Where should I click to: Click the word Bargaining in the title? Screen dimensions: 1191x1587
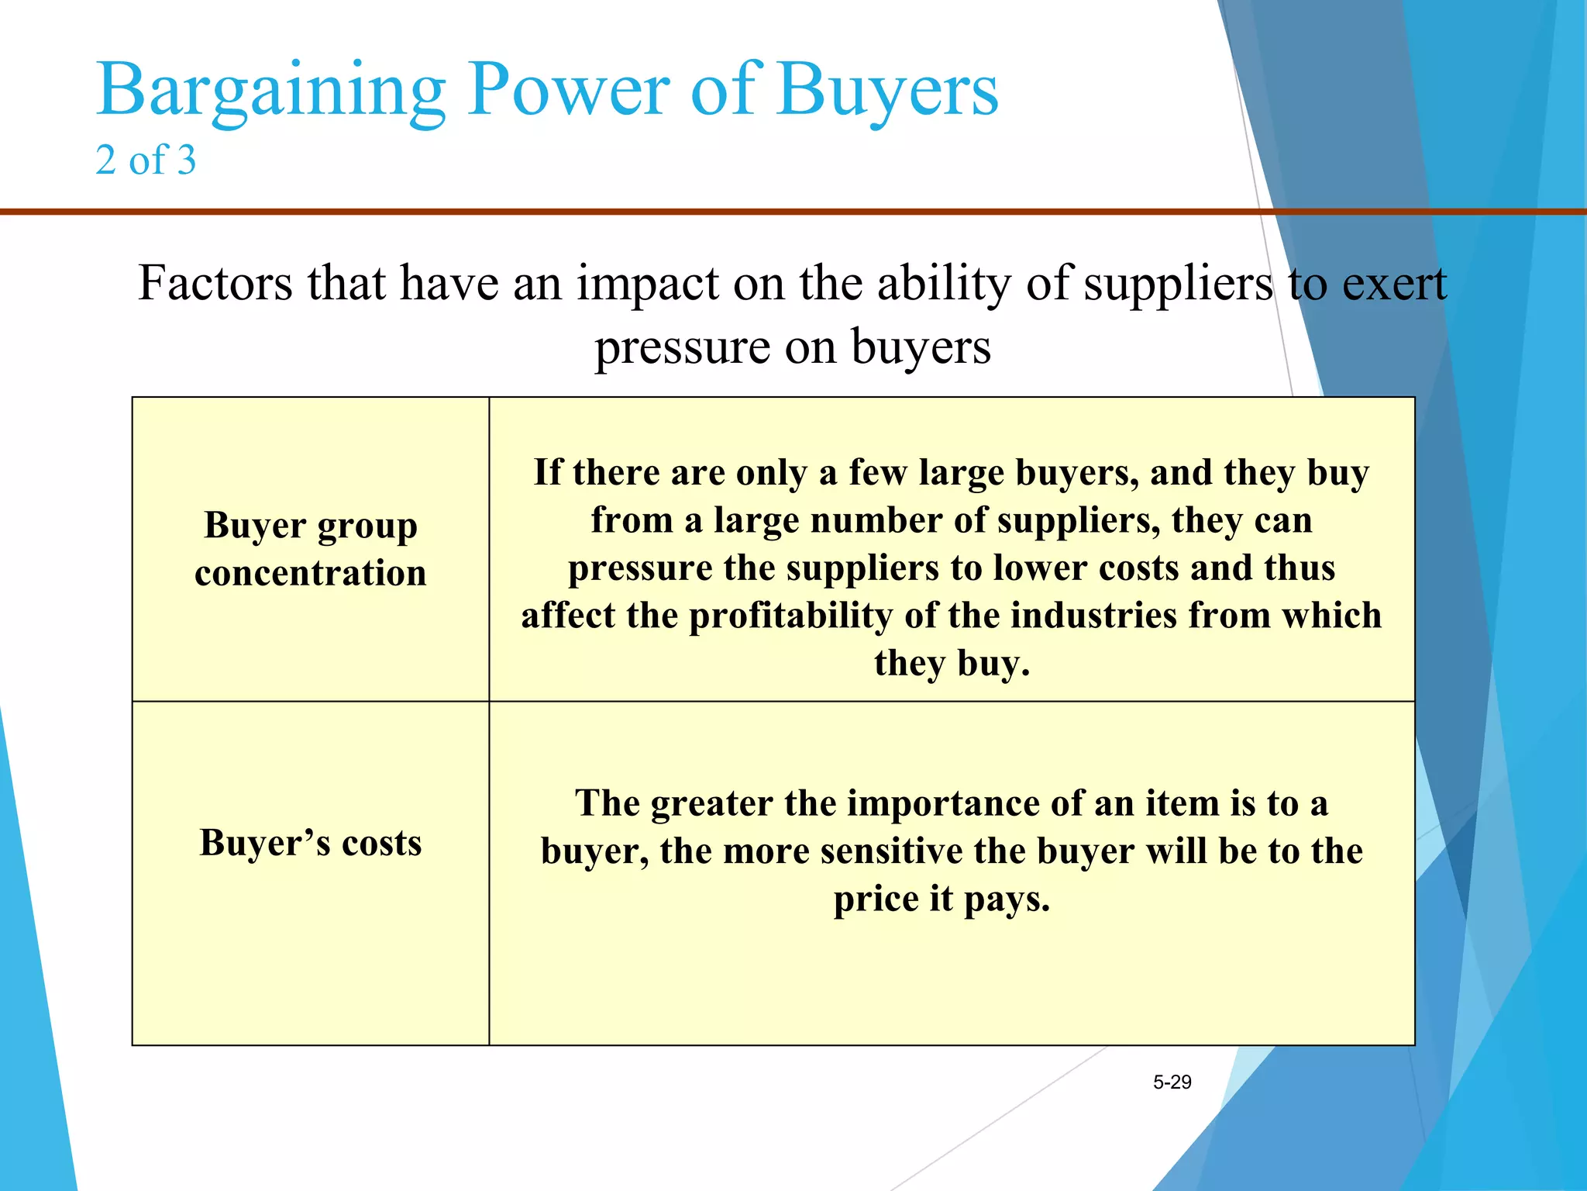pyautogui.click(x=270, y=91)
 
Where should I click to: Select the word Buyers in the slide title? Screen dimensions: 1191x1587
pyautogui.click(x=887, y=91)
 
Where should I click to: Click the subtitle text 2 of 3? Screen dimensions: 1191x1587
pyautogui.click(x=146, y=161)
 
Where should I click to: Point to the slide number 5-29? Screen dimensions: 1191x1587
pyautogui.click(x=1172, y=1082)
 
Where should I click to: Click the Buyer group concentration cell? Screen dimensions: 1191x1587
pyautogui.click(x=311, y=549)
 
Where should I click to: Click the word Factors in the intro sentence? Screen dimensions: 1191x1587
pyautogui.click(x=215, y=283)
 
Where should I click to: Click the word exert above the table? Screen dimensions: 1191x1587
pyautogui.click(x=1394, y=283)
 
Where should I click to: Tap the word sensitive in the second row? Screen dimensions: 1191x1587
pyautogui.click(x=891, y=851)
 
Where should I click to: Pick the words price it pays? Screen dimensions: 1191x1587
pyautogui.click(x=942, y=899)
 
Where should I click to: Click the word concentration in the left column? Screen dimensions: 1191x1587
pyautogui.click(x=311, y=574)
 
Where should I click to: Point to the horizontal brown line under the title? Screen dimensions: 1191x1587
pyautogui.click(x=620, y=211)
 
